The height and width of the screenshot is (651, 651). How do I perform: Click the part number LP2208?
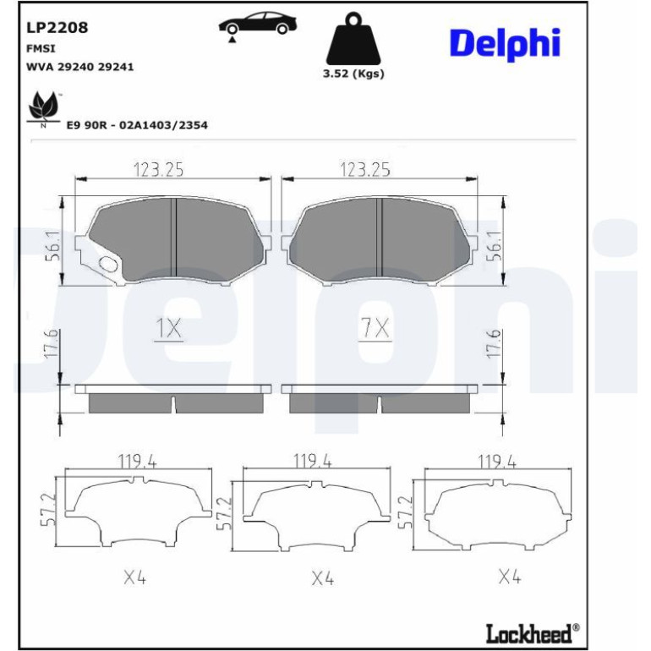(x=57, y=27)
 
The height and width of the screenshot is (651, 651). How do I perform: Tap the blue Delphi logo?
(x=506, y=45)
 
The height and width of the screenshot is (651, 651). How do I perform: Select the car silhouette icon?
(x=257, y=25)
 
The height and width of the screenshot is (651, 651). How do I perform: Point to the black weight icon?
(x=353, y=38)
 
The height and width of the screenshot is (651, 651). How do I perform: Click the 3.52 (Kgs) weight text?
(x=353, y=74)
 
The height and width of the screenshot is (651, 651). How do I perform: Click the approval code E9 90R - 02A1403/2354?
(x=137, y=125)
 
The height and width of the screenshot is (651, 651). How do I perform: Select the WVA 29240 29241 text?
(x=80, y=67)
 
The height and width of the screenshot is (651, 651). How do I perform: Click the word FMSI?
(x=41, y=48)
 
